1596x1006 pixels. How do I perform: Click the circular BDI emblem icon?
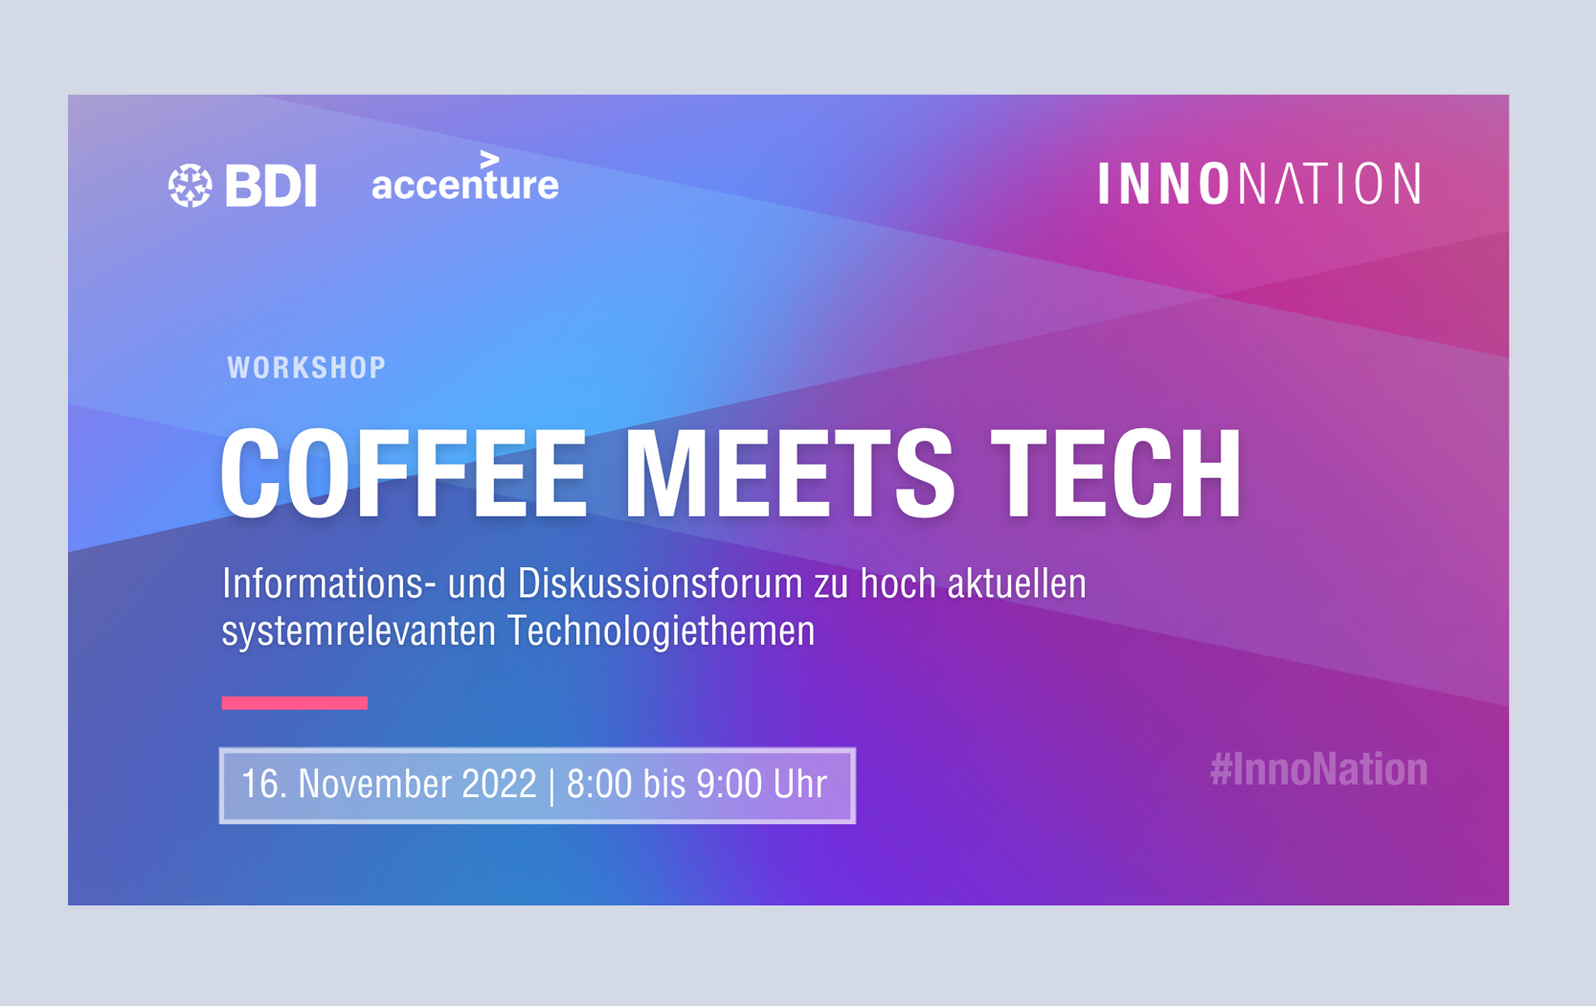tap(191, 185)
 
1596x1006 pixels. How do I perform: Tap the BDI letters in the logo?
tap(271, 185)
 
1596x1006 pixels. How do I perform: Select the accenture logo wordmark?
tap(465, 177)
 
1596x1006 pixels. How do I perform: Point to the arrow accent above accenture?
tap(489, 159)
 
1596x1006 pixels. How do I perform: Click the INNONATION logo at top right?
tap(1260, 183)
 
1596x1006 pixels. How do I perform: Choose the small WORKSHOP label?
tap(306, 368)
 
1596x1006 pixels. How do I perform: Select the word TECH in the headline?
tap(1115, 472)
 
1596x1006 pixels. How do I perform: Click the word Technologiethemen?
tap(662, 631)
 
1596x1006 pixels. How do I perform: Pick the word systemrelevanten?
tap(358, 631)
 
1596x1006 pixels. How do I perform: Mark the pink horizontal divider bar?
tap(294, 703)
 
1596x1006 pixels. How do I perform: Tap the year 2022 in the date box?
tap(499, 785)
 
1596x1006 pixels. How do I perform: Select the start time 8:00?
tap(598, 785)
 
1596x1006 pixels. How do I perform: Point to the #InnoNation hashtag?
tap(1319, 770)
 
